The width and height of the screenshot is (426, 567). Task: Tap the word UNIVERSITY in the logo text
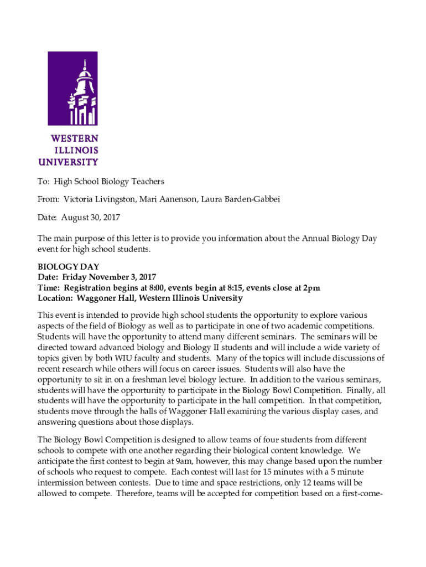click(x=68, y=162)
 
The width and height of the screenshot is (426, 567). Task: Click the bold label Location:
click(x=55, y=298)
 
